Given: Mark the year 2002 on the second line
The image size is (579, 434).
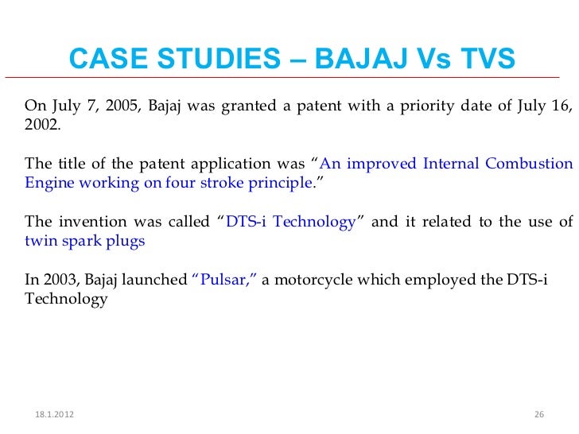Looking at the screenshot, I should point(41,125).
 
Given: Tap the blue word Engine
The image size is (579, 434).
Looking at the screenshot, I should point(47,183).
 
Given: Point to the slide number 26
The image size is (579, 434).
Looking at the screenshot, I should point(538,416).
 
